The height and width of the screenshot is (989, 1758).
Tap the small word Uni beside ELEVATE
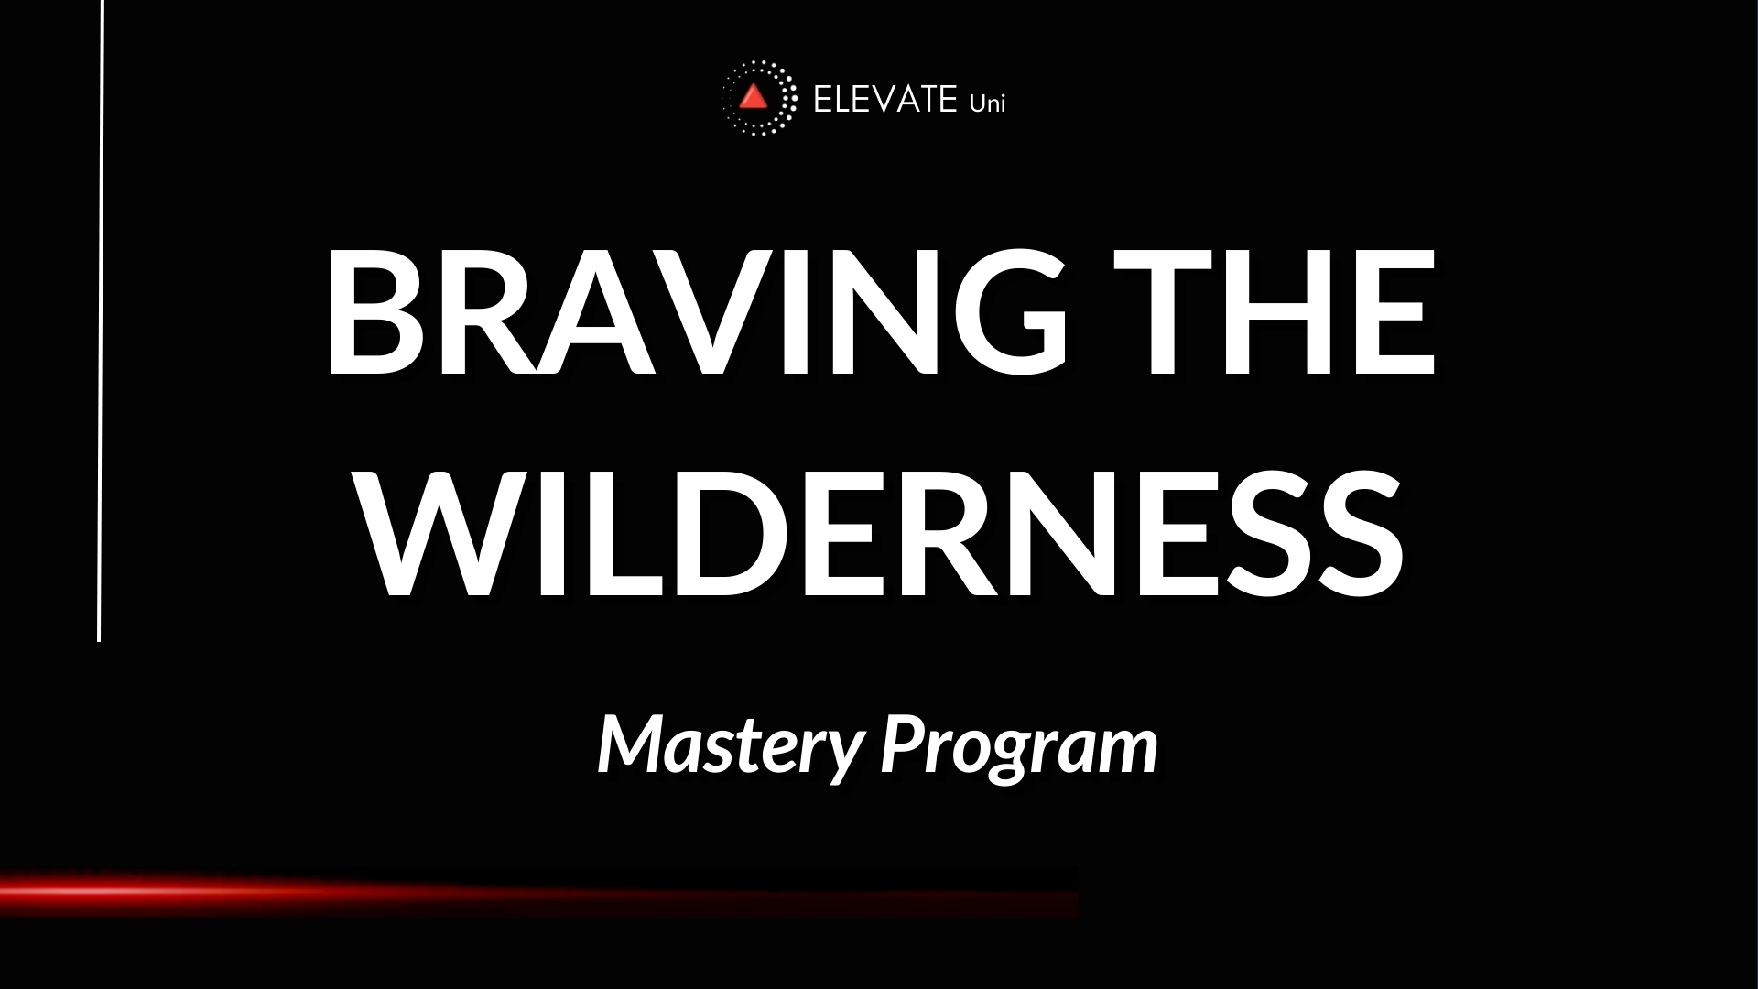987,103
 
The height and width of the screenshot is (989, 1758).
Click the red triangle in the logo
754,97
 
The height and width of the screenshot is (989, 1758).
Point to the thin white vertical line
100,321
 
